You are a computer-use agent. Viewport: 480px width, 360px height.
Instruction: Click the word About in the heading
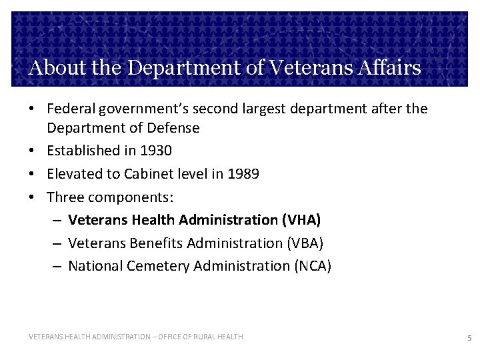(54, 68)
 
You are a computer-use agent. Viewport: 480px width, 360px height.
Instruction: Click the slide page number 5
(469, 338)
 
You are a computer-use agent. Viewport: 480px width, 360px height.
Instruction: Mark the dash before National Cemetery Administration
(57, 266)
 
